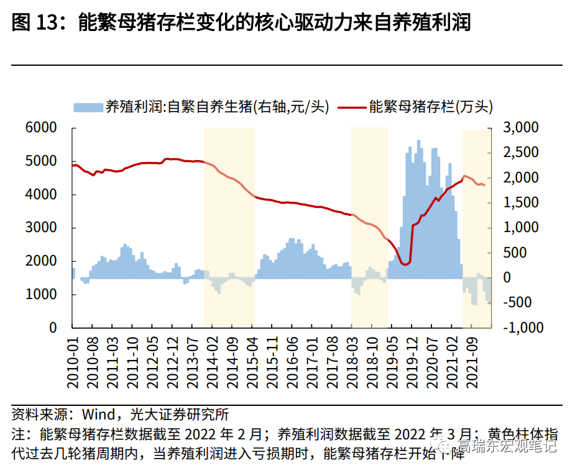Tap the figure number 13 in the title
52,23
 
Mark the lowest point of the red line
406,265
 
